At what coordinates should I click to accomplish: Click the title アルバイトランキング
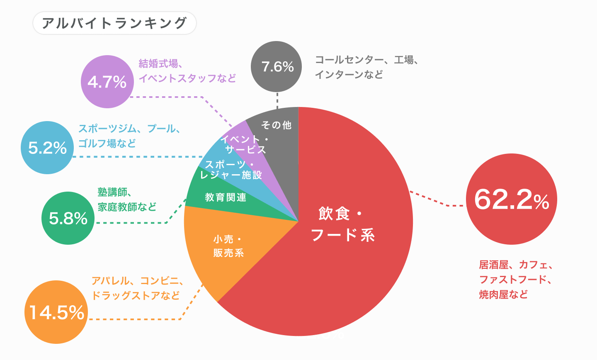114,23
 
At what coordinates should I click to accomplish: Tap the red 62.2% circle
511,199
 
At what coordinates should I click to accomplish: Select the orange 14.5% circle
56,312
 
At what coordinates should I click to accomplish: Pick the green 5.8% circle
68,218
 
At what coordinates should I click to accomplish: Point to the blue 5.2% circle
47,148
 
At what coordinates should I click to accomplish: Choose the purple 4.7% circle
107,82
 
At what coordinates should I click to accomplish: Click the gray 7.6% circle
277,66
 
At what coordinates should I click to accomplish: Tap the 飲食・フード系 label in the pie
342,224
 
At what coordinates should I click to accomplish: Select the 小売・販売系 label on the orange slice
228,246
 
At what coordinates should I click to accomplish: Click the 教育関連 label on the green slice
226,197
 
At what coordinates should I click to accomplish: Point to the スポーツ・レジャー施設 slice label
231,170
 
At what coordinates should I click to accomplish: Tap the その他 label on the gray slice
277,125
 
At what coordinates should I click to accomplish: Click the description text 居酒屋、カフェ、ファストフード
515,279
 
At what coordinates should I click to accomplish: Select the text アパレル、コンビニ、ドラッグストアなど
137,288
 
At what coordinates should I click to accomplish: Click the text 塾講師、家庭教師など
126,199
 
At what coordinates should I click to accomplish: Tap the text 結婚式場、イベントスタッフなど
187,71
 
